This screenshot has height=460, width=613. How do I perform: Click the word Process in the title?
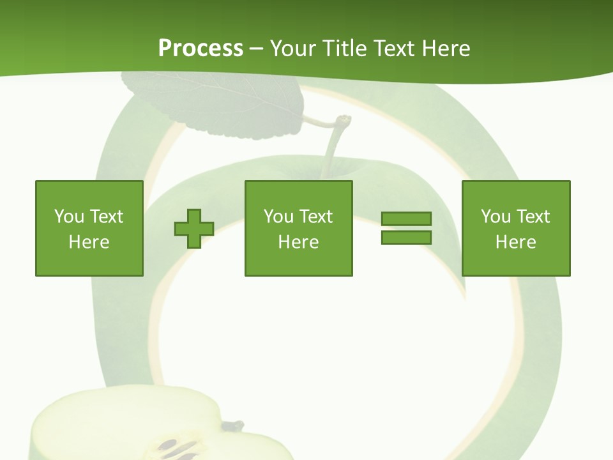click(201, 49)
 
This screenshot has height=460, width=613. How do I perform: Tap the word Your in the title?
click(294, 49)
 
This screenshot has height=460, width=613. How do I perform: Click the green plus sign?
click(194, 229)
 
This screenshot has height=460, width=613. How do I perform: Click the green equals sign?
click(406, 228)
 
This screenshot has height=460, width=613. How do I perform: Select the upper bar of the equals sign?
click(406, 219)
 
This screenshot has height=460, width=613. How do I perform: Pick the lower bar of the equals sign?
click(406, 238)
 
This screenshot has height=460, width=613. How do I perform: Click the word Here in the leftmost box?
click(89, 242)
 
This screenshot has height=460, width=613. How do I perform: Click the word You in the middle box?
click(278, 217)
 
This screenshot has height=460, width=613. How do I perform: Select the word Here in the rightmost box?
click(516, 242)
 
